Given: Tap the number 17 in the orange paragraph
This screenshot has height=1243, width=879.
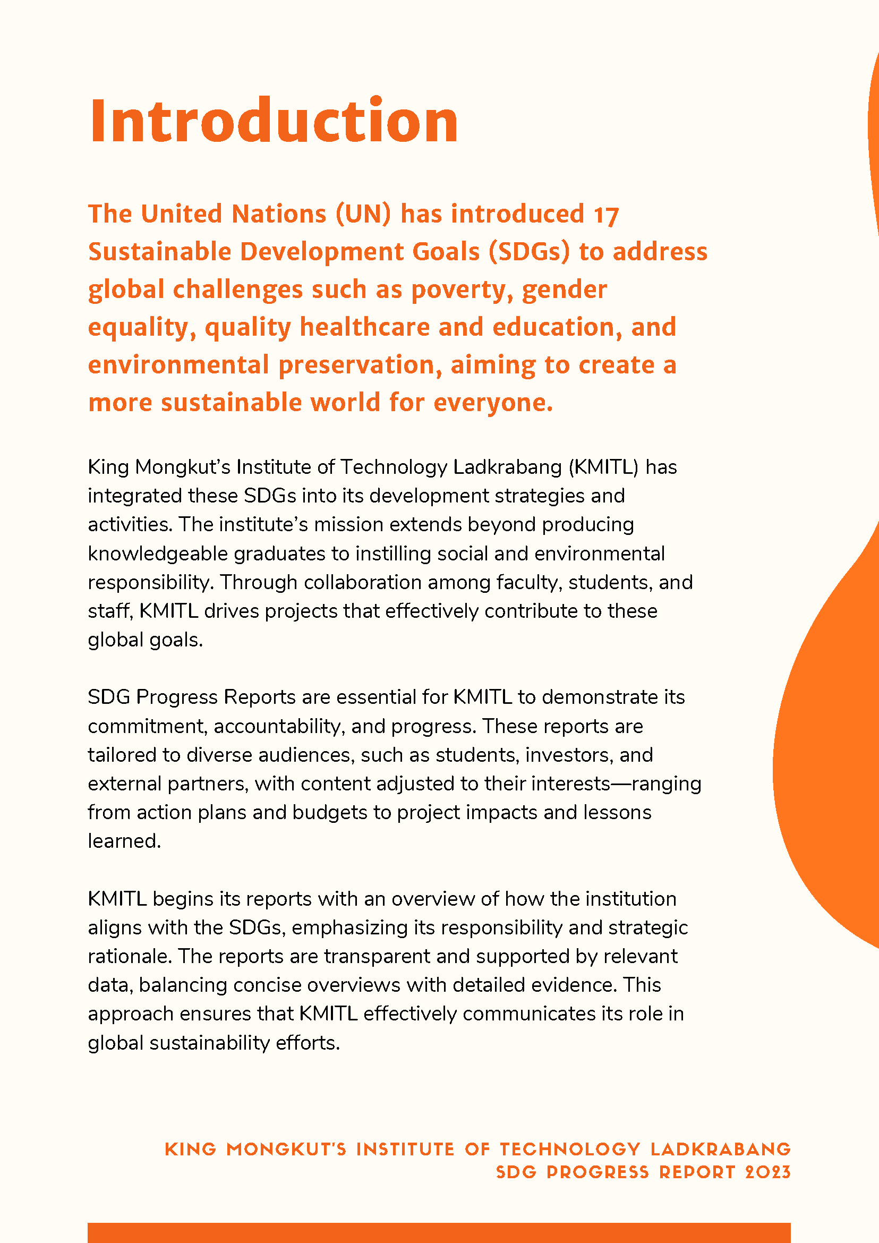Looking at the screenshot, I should coord(605,215).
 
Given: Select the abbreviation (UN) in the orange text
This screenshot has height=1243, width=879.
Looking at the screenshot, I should coord(363,214).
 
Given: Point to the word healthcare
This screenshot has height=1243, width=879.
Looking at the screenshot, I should coord(364,327).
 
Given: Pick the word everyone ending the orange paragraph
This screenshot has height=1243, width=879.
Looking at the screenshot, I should coord(493,403).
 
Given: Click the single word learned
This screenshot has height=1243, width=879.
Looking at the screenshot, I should coord(124,841).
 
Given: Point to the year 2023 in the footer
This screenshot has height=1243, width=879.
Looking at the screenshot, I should coord(767,1172).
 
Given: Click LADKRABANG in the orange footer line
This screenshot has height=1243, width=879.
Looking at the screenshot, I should coord(720,1150).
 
